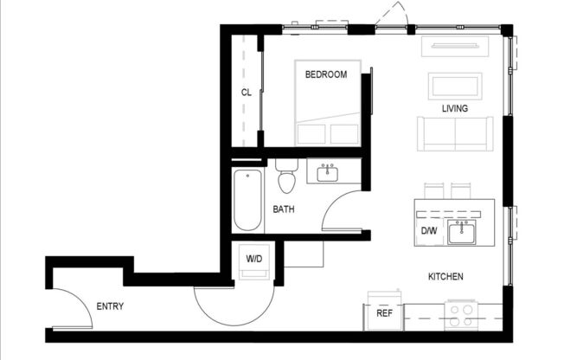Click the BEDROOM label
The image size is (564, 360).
coord(326,74)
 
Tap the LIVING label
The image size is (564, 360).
coord(454,109)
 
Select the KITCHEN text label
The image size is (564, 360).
coord(445,277)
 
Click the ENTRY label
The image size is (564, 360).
coord(110,306)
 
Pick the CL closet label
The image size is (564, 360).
coord(247,93)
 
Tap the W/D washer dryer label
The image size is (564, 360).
coord(254,258)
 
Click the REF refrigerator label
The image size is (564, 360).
coord(385,313)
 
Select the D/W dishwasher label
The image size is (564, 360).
coord(429,231)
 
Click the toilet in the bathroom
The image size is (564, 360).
coord(287,177)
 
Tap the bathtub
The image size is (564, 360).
coord(247,200)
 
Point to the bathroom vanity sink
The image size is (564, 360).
coord(328,173)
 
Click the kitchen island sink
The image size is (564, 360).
coord(460,232)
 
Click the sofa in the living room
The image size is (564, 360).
coord(455,133)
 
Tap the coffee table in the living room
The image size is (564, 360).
coord(455,87)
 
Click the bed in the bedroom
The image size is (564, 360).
coord(327,108)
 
